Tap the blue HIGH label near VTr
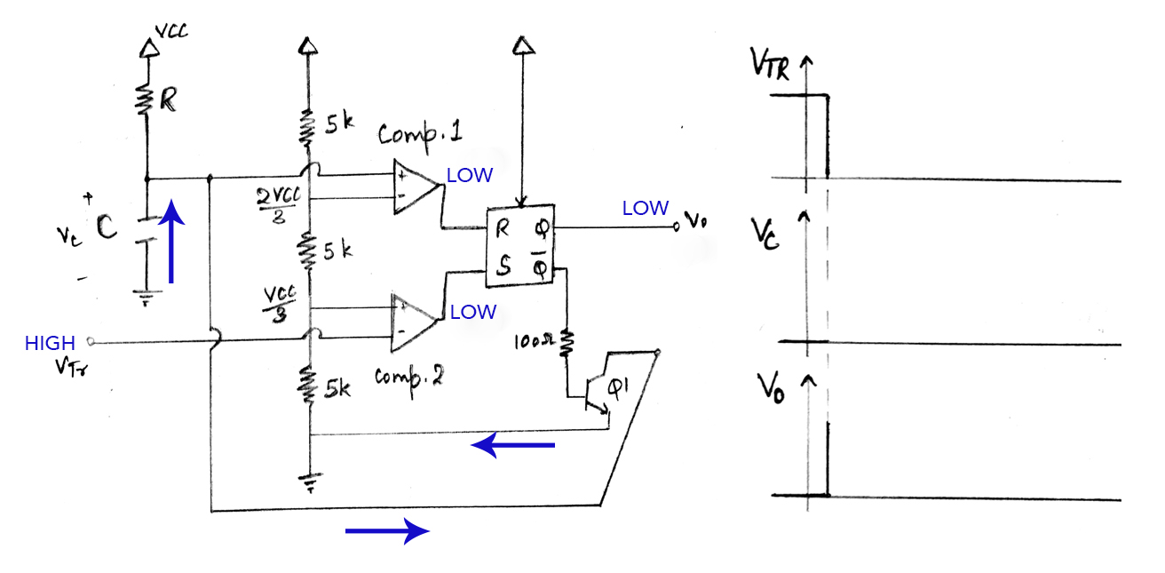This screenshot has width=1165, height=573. [50, 344]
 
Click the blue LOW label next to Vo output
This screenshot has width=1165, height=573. [645, 208]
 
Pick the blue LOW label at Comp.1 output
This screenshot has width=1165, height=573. [469, 176]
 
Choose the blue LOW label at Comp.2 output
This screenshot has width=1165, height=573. [472, 312]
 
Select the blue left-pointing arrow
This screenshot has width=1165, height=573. [512, 445]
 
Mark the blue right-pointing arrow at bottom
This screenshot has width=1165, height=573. [387, 531]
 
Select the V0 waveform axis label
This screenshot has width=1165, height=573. [770, 387]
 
